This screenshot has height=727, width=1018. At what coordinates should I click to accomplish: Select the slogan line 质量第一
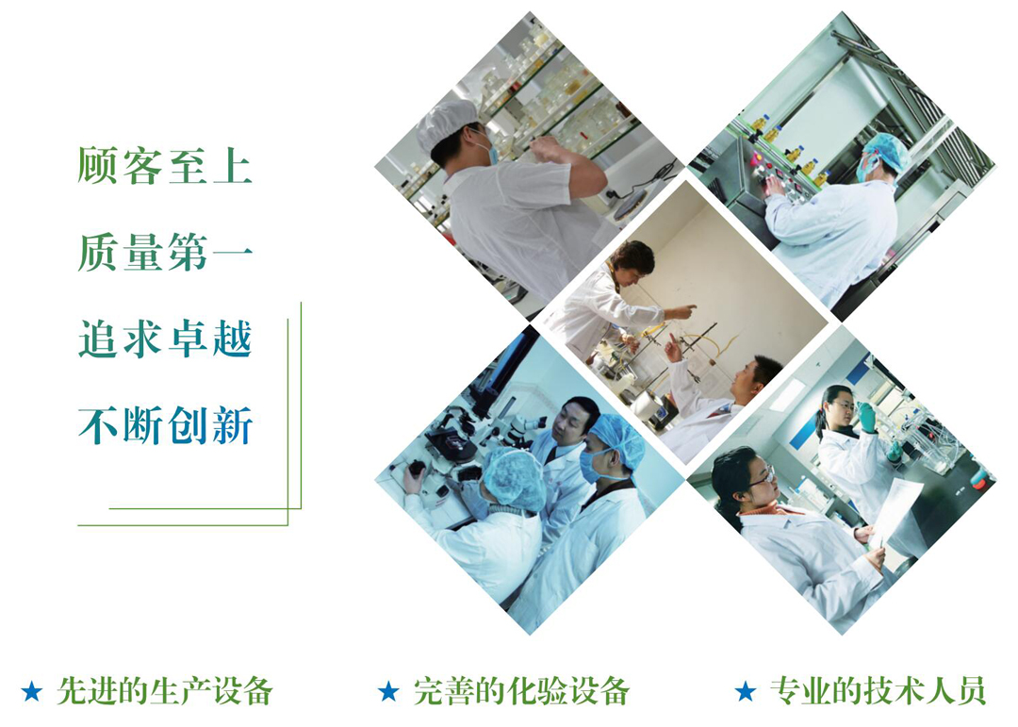(x=165, y=253)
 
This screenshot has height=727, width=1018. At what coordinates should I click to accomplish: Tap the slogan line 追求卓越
(x=165, y=339)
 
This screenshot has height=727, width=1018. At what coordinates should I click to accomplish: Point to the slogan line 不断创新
(x=165, y=426)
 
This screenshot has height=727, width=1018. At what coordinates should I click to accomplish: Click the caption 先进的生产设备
(x=164, y=691)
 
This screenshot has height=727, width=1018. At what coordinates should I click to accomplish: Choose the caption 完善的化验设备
(x=521, y=691)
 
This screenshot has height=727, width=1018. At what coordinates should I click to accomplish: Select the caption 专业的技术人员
(x=878, y=691)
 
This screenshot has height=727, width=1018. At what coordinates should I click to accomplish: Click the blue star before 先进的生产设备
(x=32, y=692)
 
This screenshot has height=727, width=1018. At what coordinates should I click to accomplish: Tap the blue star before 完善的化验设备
(x=388, y=692)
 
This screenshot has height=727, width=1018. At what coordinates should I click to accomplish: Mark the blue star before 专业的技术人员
(x=746, y=692)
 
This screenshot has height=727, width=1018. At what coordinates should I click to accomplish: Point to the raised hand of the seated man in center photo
(x=671, y=347)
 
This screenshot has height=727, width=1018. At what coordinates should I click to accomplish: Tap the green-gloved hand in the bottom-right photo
(x=866, y=416)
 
